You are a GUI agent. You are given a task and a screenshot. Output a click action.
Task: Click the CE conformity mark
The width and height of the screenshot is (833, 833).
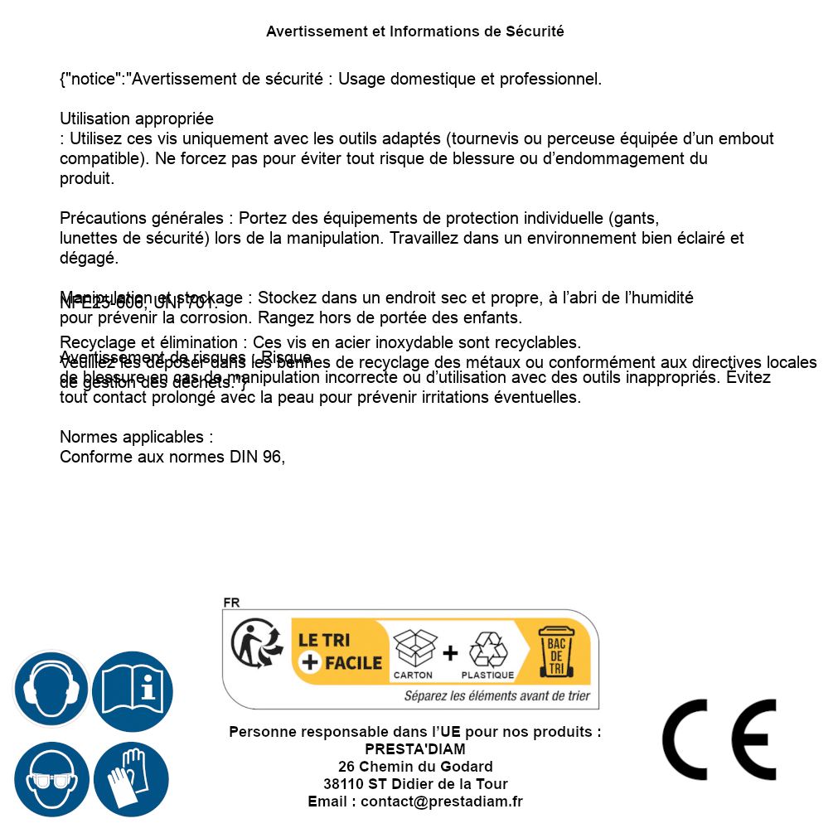pos(719,739)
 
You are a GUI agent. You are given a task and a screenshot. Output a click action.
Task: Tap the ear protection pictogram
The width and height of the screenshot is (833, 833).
pos(50,690)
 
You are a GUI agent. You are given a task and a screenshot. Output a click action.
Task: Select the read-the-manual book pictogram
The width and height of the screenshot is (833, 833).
pos(133,690)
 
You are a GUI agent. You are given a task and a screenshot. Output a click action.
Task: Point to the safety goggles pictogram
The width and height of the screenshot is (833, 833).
pos(50,780)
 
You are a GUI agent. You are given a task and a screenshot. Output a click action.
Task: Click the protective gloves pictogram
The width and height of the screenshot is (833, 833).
pos(131,780)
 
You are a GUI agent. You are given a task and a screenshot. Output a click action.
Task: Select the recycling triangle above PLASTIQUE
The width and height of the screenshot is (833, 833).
pos(487,649)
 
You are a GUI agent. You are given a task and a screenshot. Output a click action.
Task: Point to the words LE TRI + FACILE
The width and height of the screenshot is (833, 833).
pos(340,651)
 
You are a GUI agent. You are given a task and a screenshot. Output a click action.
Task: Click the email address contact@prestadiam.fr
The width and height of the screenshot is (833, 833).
pos(442,802)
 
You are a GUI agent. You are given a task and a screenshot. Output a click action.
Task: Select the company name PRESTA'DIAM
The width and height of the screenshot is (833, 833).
pos(415,749)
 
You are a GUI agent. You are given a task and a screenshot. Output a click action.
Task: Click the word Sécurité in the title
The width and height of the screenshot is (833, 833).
pos(535,31)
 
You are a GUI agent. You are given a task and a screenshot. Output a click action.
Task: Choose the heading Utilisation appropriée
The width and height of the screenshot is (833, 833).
pos(137,119)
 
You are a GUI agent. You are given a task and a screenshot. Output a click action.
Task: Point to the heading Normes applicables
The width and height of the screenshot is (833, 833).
pos(137,437)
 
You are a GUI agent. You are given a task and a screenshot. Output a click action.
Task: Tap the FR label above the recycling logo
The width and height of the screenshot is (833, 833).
pos(231,603)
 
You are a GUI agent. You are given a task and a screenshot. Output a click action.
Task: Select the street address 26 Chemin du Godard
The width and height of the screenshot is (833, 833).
pos(415,767)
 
